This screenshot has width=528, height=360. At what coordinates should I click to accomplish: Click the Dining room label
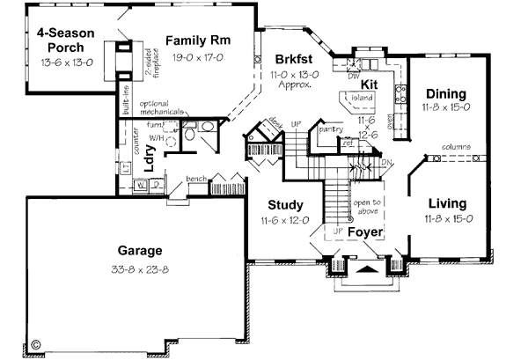(x=446, y=94)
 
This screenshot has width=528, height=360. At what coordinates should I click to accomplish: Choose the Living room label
(x=446, y=201)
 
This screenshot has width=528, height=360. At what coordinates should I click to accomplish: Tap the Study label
(x=287, y=207)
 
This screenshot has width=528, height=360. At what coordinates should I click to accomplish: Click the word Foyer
(x=363, y=232)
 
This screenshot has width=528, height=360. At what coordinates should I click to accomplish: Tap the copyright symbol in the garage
(x=36, y=344)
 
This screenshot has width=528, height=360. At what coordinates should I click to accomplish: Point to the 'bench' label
(x=196, y=179)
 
